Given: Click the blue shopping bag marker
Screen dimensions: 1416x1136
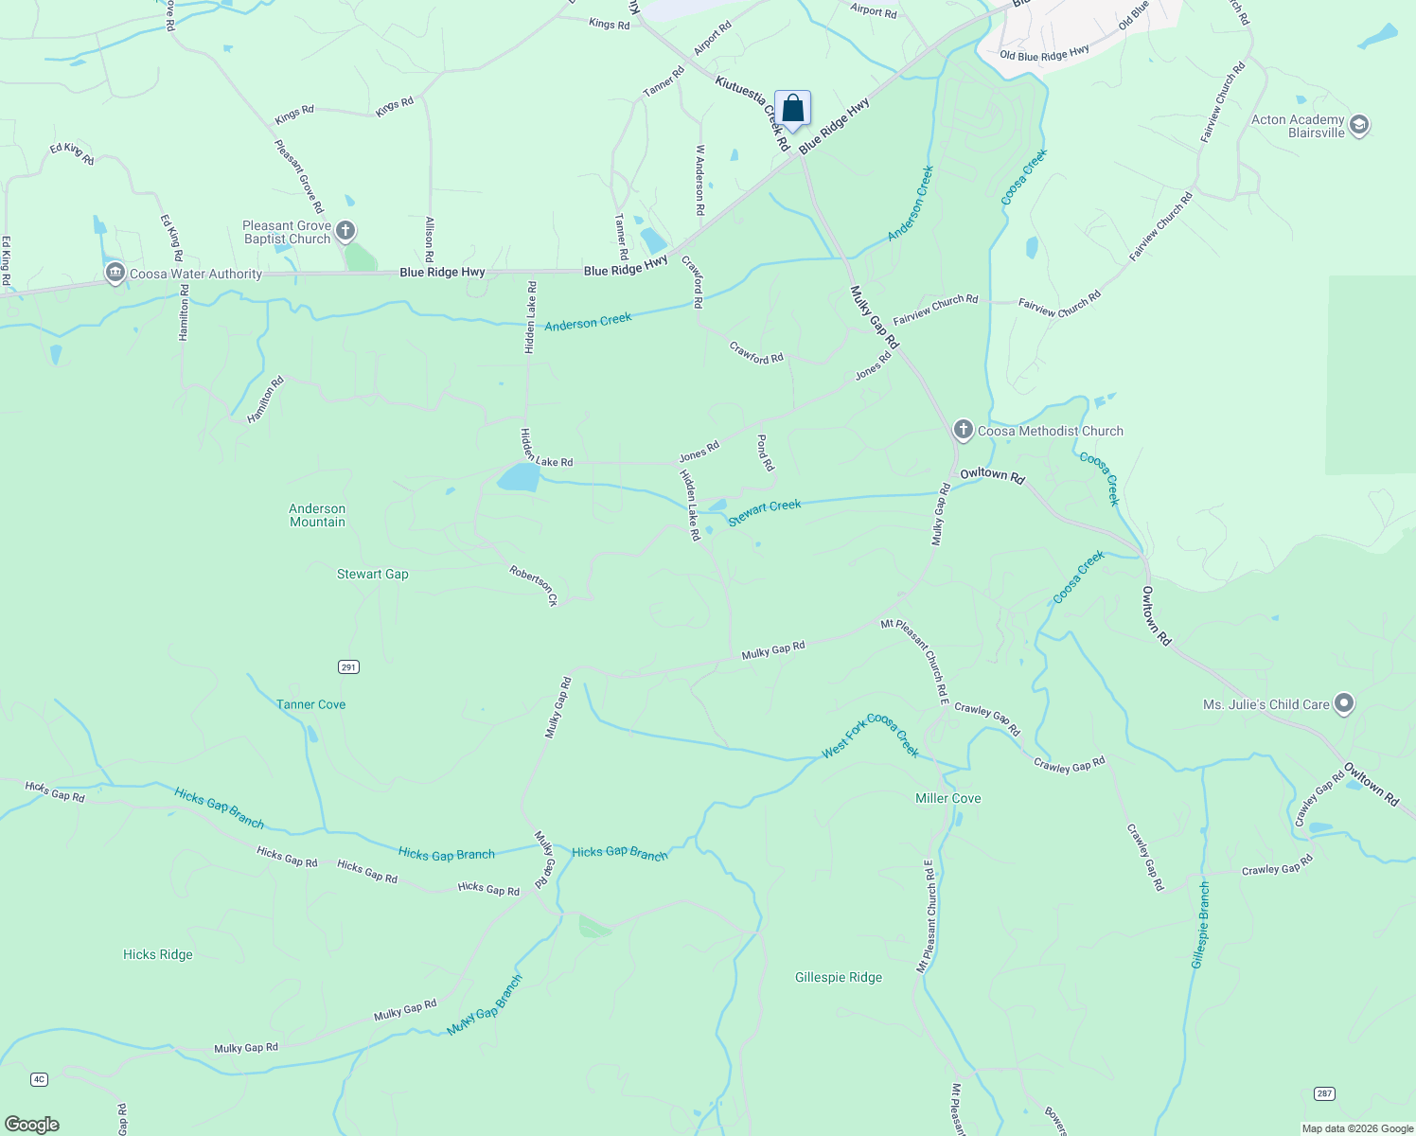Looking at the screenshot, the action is pos(792,109).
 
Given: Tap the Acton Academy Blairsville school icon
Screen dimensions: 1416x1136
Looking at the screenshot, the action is pos(1359,126).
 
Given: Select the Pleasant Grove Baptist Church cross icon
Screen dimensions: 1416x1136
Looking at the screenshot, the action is pos(346,231).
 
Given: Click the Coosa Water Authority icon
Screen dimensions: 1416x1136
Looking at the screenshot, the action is pos(115,274).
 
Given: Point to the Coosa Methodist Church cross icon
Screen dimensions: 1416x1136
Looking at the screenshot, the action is pos(963,431).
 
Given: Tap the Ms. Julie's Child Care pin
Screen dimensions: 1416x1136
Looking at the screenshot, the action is pos(1344,703).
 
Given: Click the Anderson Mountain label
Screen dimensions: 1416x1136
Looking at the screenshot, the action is pos(317,515).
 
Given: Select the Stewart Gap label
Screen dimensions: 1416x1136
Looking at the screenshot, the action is pos(373,574).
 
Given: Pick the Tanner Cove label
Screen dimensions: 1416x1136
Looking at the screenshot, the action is pos(310,704).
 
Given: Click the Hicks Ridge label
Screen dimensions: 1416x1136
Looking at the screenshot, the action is pos(158,954).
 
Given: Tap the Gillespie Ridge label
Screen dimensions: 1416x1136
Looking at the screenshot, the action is pos(839,977).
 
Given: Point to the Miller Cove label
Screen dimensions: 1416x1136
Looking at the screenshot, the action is pos(947,798).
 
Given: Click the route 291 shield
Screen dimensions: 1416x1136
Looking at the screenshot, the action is pos(348,667).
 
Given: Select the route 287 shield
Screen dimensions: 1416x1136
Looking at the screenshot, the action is pos(1324,1093).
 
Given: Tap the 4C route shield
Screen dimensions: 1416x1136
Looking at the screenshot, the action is pos(39,1079).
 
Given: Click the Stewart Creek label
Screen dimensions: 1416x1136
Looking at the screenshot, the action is pos(765,512).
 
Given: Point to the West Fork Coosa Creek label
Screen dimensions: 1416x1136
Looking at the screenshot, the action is pos(871,736).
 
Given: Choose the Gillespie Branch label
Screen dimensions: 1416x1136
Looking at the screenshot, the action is pos(1200,925).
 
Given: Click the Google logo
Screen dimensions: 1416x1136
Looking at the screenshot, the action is pos(32,1124).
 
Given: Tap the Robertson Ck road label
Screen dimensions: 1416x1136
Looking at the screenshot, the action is pos(534,586).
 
